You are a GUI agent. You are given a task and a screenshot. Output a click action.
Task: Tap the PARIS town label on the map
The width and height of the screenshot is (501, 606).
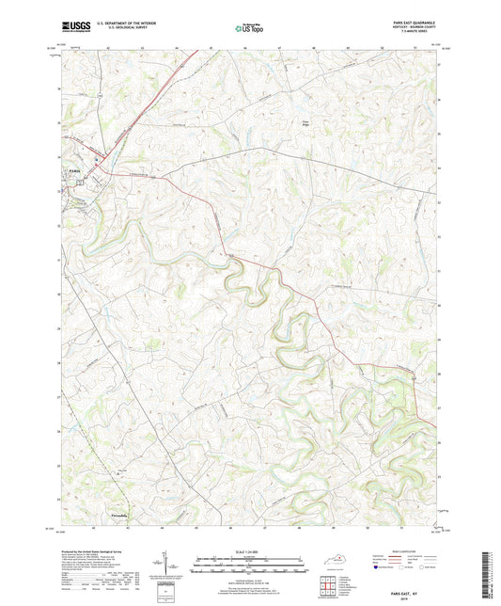tap(74, 170)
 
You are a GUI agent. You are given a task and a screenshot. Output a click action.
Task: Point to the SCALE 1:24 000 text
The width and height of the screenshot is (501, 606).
tap(248, 551)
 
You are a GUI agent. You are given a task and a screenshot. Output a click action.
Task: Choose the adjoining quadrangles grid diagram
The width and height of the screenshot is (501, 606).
tap(327, 586)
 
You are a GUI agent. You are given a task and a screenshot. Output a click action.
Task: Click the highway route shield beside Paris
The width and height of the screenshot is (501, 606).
tap(81, 183)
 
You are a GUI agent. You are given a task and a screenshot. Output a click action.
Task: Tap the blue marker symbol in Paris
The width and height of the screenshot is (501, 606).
tap(96, 159)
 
